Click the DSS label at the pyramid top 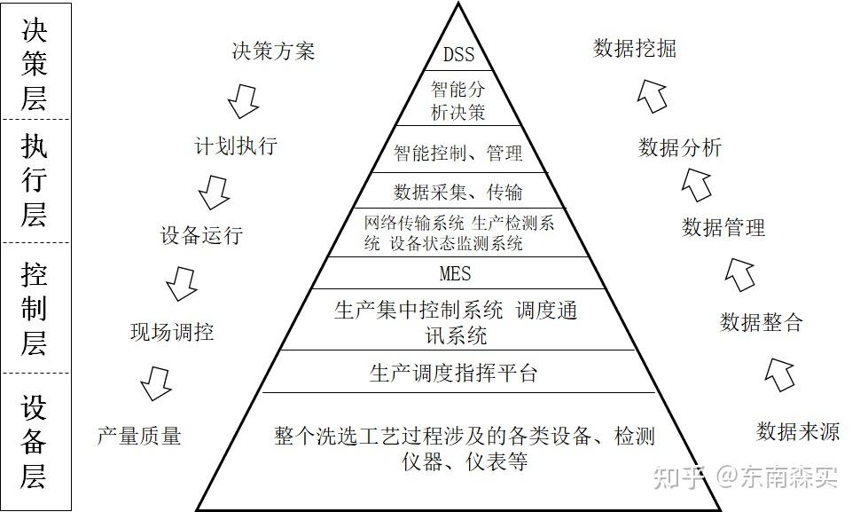point(458,54)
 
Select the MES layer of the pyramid point(455,272)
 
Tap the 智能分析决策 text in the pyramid point(458,100)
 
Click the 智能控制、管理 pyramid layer point(458,153)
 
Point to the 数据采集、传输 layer point(458,191)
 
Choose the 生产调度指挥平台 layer point(454,373)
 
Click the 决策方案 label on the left point(272,51)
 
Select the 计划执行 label point(236,146)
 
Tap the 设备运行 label point(201,235)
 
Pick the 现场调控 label point(172,332)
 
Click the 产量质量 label point(139,435)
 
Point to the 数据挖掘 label point(635,49)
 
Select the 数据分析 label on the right point(680,147)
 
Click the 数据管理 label point(723,227)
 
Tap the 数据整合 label point(761,322)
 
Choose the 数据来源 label point(798,431)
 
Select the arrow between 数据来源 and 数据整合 point(780,374)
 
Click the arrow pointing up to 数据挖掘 point(652,94)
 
